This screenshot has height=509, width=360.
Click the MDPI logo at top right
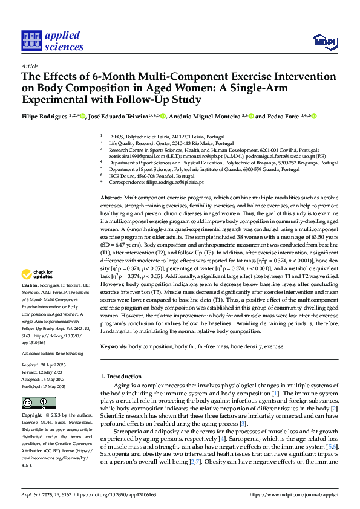(323, 41)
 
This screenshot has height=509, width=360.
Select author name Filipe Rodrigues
(44, 117)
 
